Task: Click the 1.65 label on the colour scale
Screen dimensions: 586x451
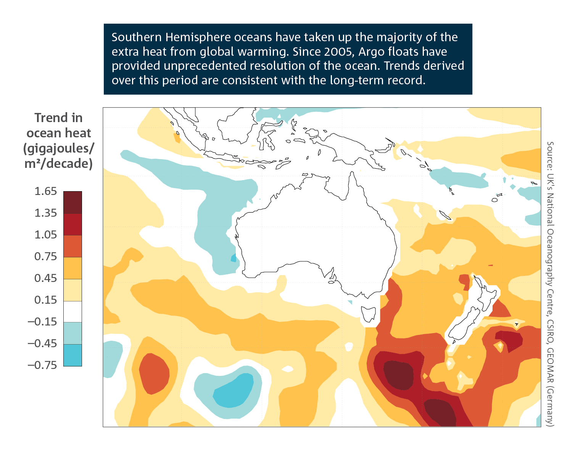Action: [45, 191]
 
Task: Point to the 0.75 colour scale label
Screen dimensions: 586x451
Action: [45, 256]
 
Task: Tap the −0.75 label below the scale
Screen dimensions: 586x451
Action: [42, 365]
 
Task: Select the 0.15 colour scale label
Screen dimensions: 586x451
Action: [45, 300]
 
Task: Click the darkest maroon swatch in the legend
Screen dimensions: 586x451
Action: [72, 203]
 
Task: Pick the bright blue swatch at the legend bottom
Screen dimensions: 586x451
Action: [72, 355]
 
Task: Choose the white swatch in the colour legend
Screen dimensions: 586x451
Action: [72, 311]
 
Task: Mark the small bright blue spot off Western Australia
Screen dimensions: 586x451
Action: [233, 259]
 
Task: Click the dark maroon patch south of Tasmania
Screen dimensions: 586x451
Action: [398, 375]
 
